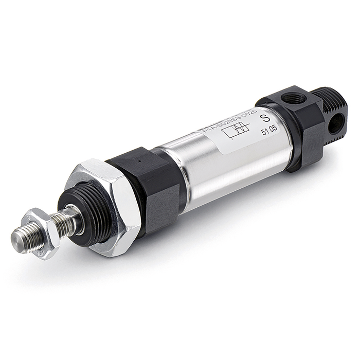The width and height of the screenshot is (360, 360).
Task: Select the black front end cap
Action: (149, 185)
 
